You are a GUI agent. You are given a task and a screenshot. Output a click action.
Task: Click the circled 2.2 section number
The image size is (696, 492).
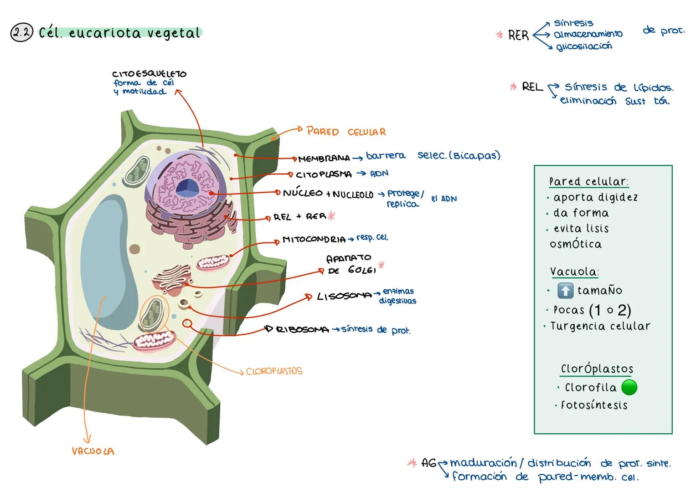[x=21, y=33]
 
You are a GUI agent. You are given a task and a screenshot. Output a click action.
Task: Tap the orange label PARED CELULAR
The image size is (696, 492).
[x=346, y=132]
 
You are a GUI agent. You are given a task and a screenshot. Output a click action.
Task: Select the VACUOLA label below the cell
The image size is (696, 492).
[x=93, y=451]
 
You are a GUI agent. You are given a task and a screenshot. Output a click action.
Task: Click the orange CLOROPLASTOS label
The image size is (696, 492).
[x=274, y=371]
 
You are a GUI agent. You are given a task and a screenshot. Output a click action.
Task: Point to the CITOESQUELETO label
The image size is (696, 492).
[x=149, y=74]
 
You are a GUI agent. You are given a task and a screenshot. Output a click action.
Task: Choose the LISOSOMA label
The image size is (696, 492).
[x=344, y=297]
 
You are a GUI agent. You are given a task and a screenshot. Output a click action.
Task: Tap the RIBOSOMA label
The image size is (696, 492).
[x=302, y=329]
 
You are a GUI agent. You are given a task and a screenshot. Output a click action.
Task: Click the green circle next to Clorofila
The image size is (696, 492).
[x=629, y=388]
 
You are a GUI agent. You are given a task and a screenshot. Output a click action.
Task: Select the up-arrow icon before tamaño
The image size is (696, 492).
[x=565, y=291]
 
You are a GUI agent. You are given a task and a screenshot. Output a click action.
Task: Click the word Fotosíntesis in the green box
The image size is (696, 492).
[x=594, y=405]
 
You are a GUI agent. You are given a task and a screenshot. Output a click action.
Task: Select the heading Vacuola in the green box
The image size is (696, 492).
[x=574, y=272]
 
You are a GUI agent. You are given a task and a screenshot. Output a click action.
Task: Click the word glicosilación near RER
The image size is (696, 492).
[x=584, y=46]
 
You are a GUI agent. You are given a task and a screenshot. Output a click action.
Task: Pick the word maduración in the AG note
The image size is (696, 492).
[x=483, y=463]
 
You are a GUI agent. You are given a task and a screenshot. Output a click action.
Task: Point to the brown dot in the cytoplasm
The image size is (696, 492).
[x=135, y=249]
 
